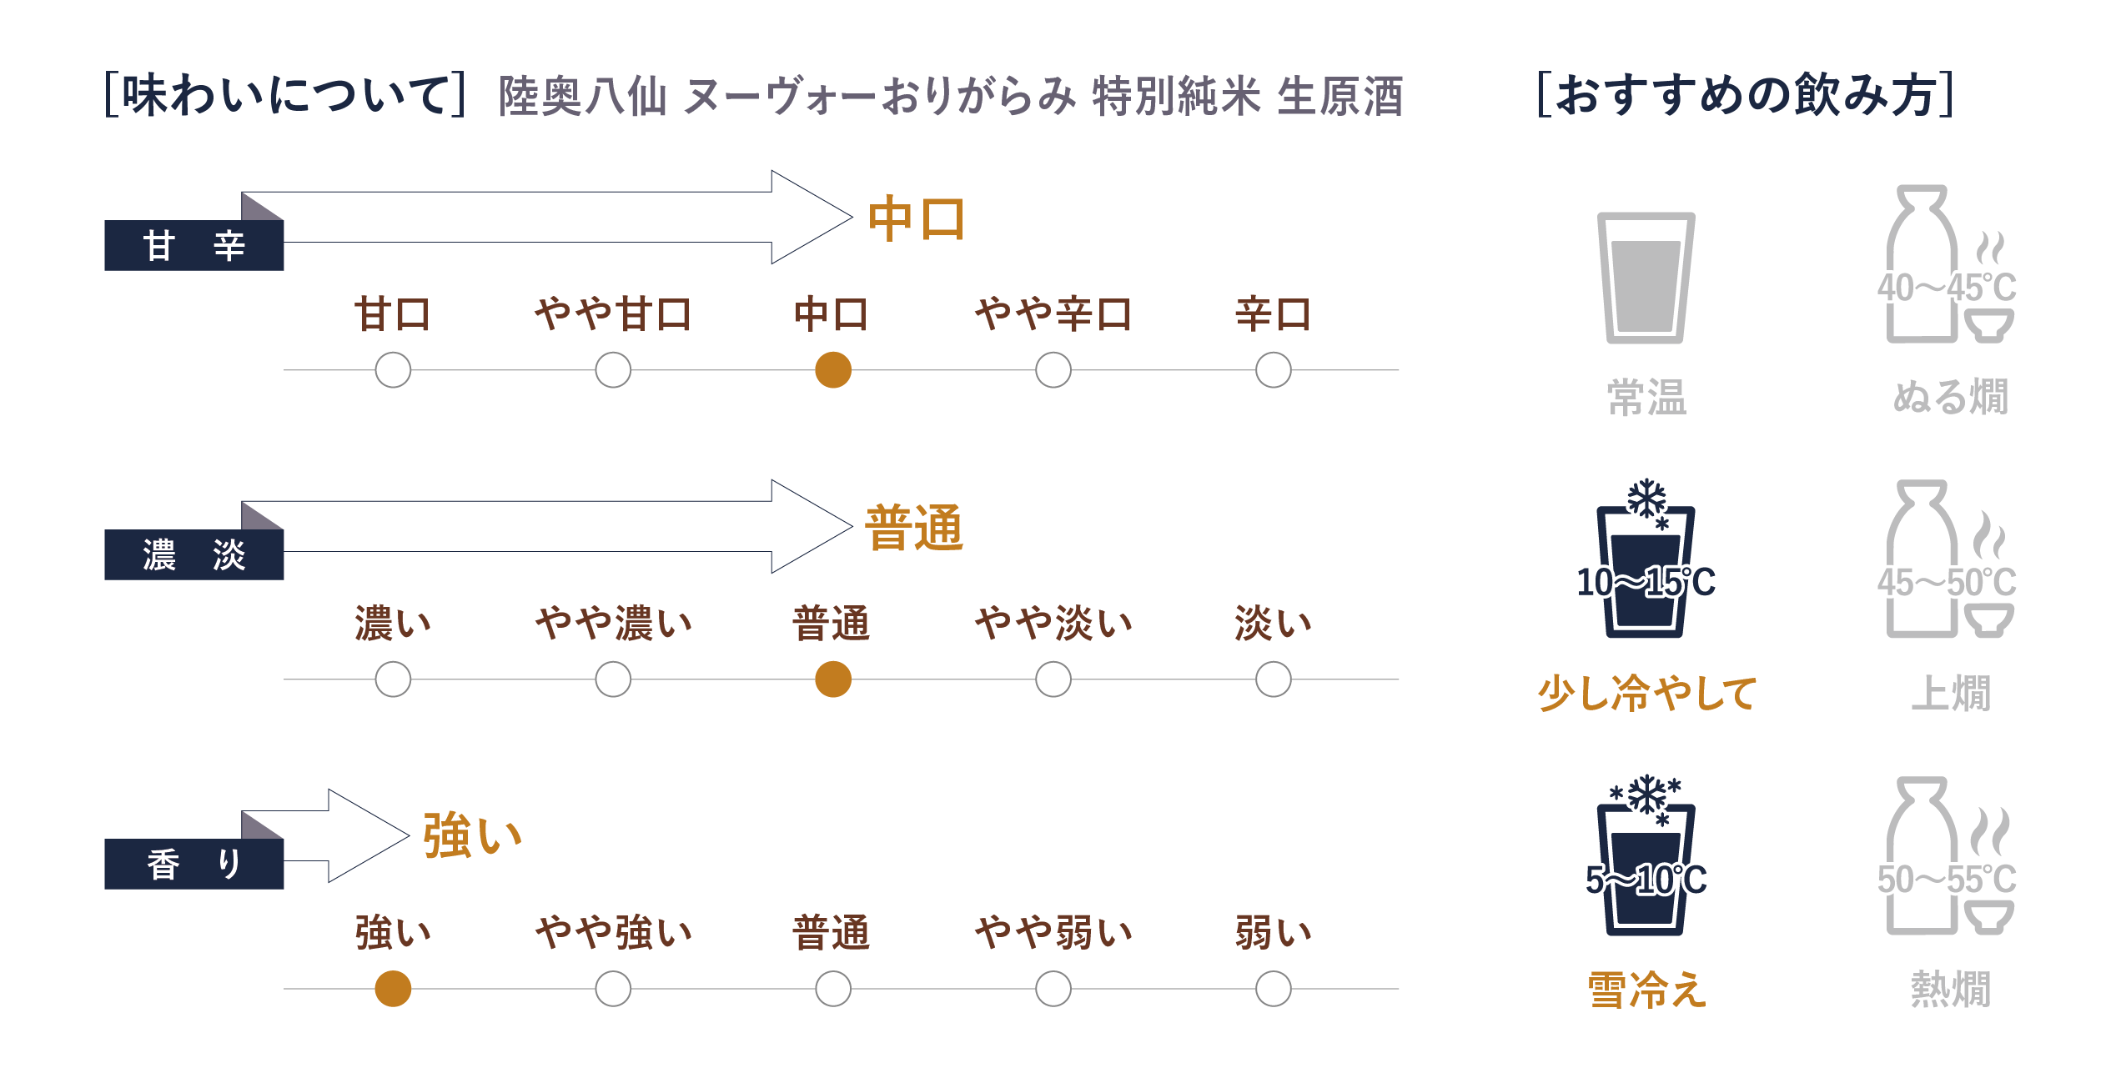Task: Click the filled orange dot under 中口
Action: click(832, 370)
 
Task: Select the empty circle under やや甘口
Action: click(613, 370)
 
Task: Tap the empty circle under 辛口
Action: click(1273, 370)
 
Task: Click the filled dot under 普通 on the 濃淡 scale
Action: click(832, 679)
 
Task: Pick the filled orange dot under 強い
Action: click(393, 989)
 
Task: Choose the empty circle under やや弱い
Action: click(1053, 989)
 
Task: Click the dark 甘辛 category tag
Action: click(194, 246)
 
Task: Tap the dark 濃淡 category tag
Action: click(194, 555)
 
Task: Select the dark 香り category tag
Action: click(194, 865)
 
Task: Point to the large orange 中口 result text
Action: click(916, 219)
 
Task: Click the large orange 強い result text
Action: click(472, 836)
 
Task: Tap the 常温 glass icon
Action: click(1646, 278)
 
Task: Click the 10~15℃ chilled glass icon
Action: click(1646, 567)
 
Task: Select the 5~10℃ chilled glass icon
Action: click(1646, 863)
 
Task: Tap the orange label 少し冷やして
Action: click(1646, 694)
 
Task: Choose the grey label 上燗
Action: click(1950, 694)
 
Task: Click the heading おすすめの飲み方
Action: click(1745, 95)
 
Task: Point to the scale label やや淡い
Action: click(1053, 624)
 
